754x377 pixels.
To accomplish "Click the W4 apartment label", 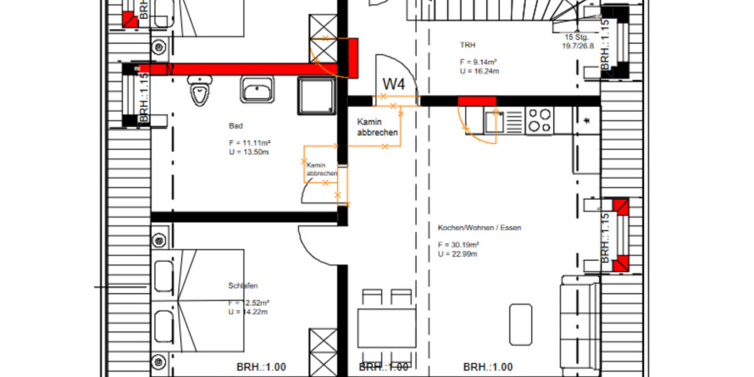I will coord(395,83).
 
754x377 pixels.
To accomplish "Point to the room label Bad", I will coord(236,126).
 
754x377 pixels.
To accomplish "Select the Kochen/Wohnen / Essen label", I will coord(479,228).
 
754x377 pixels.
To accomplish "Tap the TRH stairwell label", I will coord(468,45).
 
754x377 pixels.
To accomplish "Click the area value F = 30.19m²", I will coord(459,245).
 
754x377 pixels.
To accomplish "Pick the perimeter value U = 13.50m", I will coord(249,152).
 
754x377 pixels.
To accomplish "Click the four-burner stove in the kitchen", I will coord(539,121).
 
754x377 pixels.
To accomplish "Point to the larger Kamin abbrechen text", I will coord(377,127).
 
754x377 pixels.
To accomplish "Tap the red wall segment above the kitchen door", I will coord(477,101).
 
